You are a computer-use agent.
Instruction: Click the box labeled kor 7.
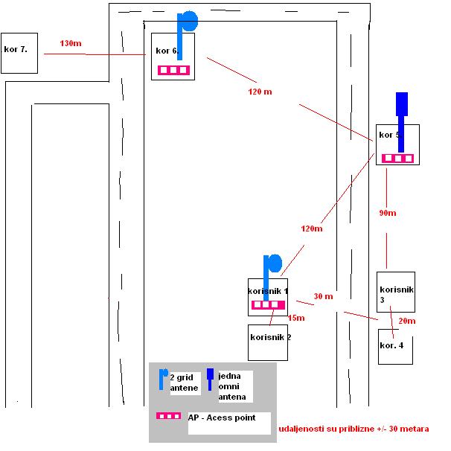[x=19, y=53]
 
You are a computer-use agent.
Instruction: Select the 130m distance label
[x=70, y=44]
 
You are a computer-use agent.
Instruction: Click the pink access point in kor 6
[x=173, y=71]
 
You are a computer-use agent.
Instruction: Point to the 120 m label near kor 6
[x=260, y=92]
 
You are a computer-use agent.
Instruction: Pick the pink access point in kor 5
[x=397, y=159]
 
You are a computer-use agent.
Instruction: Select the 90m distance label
[x=387, y=213]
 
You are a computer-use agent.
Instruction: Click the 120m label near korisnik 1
[x=311, y=228]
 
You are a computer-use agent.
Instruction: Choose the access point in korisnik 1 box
[x=268, y=304]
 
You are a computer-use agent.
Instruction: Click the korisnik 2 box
[x=268, y=342]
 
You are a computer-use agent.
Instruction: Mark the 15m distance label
[x=296, y=318]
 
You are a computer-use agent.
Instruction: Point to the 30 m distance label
[x=323, y=295]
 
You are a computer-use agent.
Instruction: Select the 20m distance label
[x=406, y=321]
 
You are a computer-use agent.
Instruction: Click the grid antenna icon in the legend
[x=164, y=379]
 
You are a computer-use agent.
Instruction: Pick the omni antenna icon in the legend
[x=211, y=380]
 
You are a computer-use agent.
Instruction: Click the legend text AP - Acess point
[x=221, y=418]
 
